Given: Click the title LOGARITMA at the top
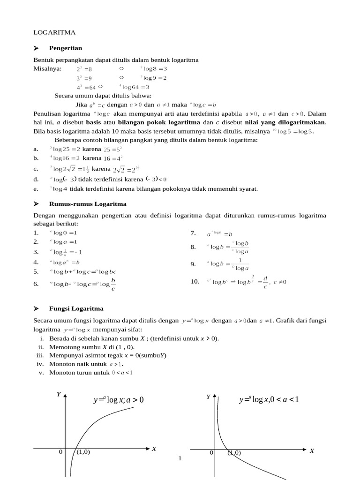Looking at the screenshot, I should click(54, 32).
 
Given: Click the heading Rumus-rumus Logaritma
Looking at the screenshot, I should click(88, 204).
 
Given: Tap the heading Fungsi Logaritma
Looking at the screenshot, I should click(76, 308).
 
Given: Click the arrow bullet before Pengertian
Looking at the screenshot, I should click(37, 48).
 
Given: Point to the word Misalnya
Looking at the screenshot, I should click(47, 68).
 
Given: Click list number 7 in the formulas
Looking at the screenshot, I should click(193, 233).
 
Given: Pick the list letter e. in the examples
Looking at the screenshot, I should click(36, 189).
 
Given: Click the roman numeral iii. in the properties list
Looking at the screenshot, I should click(40, 355).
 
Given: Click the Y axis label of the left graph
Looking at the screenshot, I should click(59, 395).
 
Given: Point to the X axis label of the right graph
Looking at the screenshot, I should click(312, 450).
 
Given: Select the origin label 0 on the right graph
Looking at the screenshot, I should click(211, 452).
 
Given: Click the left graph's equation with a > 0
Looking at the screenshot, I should click(119, 400).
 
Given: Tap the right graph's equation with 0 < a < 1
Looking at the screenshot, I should click(269, 400).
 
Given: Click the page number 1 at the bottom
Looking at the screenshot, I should click(180, 457).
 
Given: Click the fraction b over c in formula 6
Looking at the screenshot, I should click(113, 284).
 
